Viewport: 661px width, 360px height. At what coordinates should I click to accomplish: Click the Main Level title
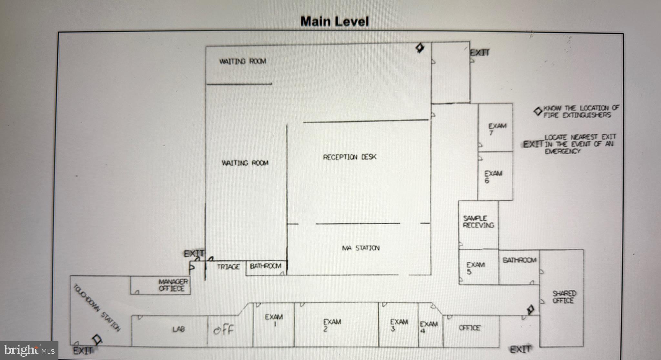334,22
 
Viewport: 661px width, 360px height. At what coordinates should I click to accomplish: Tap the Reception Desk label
350,157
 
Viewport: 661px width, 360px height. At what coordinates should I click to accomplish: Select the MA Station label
361,248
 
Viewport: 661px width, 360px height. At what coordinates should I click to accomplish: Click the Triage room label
228,267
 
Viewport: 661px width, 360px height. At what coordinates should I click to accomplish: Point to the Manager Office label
173,285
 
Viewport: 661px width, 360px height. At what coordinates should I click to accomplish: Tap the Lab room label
178,329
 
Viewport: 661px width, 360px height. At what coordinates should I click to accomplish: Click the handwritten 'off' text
223,330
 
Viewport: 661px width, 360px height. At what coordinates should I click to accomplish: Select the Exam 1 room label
274,320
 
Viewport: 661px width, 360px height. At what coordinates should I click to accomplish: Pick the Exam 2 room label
332,325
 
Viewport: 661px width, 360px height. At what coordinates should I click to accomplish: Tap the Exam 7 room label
497,129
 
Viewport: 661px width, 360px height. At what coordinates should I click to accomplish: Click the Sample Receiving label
478,222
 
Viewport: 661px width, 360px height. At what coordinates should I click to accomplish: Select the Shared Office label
564,297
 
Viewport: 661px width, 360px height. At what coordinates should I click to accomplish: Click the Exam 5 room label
475,268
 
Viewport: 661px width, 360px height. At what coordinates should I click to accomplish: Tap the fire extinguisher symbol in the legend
537,112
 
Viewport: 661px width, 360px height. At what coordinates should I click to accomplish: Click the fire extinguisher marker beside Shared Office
530,310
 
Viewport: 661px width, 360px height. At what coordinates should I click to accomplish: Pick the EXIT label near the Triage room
194,254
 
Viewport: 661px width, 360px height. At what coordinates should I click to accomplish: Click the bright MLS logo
29,350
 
